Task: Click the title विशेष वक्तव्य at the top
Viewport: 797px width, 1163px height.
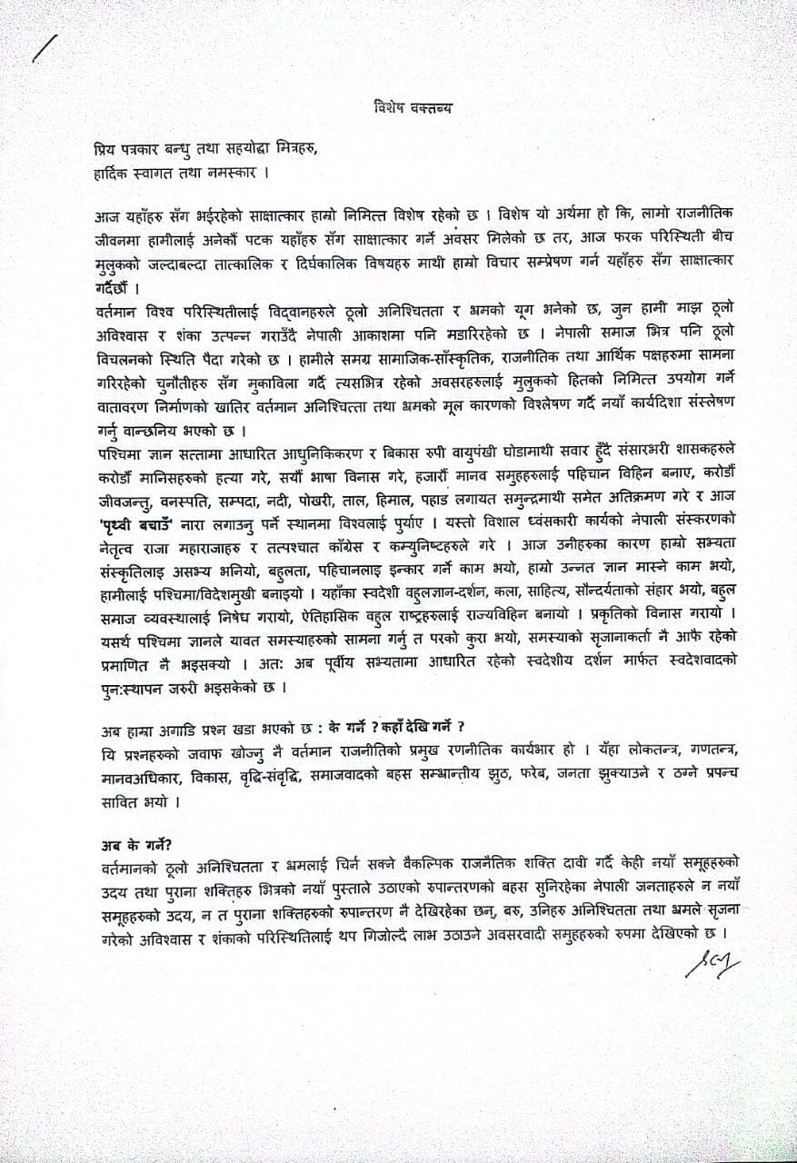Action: (x=413, y=106)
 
